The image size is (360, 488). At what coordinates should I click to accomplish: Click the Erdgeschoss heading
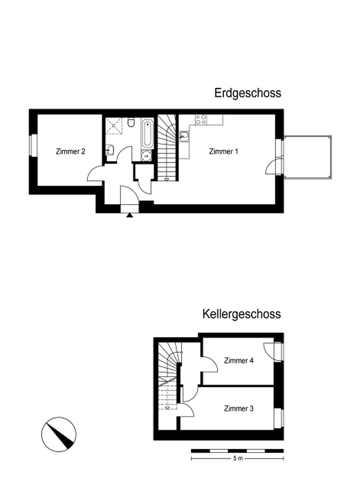pyautogui.click(x=248, y=93)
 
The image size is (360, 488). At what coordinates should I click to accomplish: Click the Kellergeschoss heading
pyautogui.click(x=242, y=314)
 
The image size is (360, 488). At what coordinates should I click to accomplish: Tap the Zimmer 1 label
pyautogui.click(x=223, y=152)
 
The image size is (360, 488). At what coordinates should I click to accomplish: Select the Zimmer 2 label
pyautogui.click(x=70, y=152)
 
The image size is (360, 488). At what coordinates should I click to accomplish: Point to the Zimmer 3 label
pyautogui.click(x=239, y=408)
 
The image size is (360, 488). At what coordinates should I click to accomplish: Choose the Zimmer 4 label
pyautogui.click(x=239, y=360)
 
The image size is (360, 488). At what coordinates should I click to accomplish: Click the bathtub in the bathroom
pyautogui.click(x=147, y=134)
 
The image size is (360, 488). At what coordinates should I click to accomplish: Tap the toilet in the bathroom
pyautogui.click(x=131, y=123)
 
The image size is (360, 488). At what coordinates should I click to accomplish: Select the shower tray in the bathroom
pyautogui.click(x=114, y=126)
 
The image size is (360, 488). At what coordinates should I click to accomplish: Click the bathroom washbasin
pyautogui.click(x=110, y=150)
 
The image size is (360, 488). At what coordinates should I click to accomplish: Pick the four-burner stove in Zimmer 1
pyautogui.click(x=201, y=120)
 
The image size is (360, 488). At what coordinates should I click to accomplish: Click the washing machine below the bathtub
pyautogui.click(x=146, y=156)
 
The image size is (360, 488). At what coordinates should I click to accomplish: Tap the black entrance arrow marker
pyautogui.click(x=130, y=215)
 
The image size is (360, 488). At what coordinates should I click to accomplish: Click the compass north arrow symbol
pyautogui.click(x=58, y=434)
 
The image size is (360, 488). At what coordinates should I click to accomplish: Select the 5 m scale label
pyautogui.click(x=238, y=458)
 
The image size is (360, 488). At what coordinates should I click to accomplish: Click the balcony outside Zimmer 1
pyautogui.click(x=307, y=158)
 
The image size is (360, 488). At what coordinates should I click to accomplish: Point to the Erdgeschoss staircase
pyautogui.click(x=167, y=147)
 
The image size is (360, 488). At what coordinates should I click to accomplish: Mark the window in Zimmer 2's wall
pyautogui.click(x=33, y=145)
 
